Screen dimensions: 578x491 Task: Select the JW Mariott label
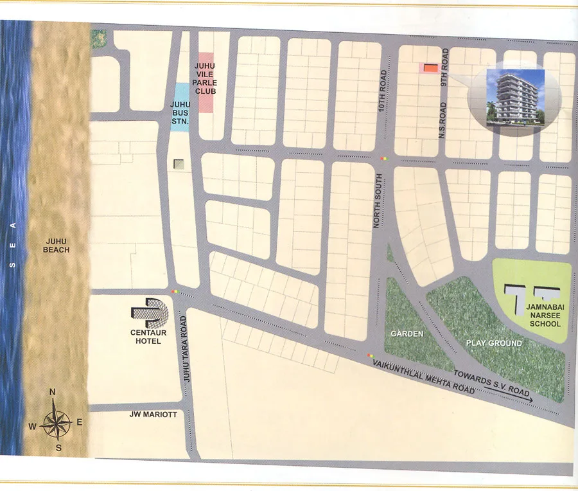152,415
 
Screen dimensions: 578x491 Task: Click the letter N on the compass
53,393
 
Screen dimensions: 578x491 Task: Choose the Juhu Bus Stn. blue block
180,107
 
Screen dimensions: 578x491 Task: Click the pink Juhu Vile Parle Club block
206,82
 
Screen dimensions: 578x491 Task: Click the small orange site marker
431,67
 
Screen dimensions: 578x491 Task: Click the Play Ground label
493,343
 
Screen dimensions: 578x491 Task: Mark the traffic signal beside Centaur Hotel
176,292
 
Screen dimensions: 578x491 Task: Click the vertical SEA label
13,244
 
